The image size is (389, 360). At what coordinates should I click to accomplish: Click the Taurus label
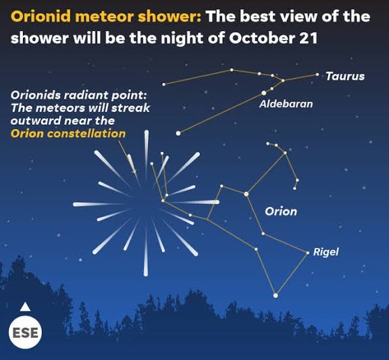point(344,76)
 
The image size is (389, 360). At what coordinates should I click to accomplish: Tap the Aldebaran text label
point(286,104)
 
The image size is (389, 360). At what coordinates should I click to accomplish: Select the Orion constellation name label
point(280,211)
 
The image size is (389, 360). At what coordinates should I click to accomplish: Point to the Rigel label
point(326,252)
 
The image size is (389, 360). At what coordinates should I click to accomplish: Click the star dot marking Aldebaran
point(263,93)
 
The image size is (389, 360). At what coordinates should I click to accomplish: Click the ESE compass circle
point(25,333)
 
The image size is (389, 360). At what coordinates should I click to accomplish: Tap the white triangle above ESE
point(25,307)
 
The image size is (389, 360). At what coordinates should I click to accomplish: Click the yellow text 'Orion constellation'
point(68,134)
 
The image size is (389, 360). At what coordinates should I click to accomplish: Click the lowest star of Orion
point(275,295)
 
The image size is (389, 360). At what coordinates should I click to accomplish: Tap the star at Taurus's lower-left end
point(178,133)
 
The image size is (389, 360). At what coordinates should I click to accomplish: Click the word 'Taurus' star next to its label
point(317,74)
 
